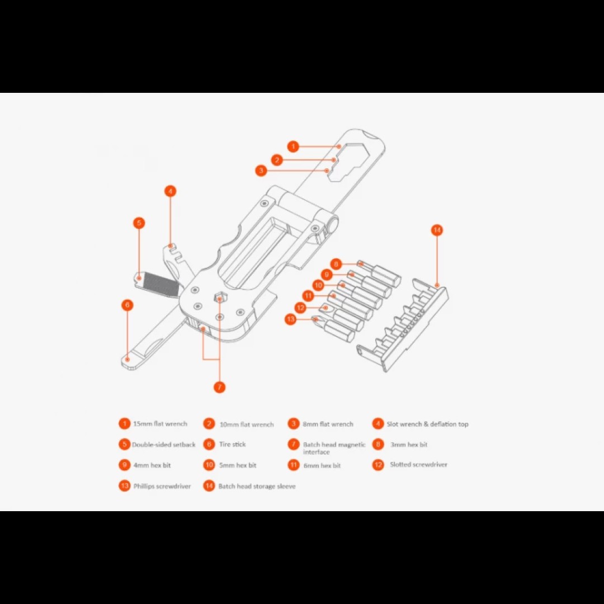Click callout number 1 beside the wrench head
[x=293, y=147]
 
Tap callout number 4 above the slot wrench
[x=170, y=191]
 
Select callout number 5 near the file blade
[x=139, y=223]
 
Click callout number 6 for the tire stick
[x=128, y=305]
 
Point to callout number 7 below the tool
[x=219, y=387]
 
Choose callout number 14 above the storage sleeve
[x=437, y=230]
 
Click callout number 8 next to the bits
[x=336, y=264]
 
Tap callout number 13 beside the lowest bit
[x=290, y=319]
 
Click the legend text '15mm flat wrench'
[x=160, y=424]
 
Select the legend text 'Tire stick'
[x=232, y=445]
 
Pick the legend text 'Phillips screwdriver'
[x=162, y=486]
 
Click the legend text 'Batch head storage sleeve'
[x=257, y=486]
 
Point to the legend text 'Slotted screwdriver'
[x=418, y=465]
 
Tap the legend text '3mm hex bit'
[x=408, y=445]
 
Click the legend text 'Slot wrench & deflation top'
[x=427, y=424]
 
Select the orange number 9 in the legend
[x=124, y=465]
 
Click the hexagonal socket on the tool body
[x=220, y=298]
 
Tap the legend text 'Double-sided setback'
[x=163, y=445]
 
